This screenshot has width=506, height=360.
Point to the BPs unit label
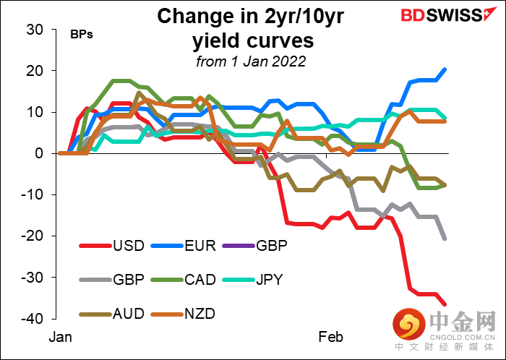coord(80,35)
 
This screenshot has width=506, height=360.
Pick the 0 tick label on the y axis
coord(40,153)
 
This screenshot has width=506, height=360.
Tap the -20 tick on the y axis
coord(33,236)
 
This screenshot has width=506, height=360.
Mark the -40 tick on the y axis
coord(33,319)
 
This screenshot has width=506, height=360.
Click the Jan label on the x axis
coord(61,337)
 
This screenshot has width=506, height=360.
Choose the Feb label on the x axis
coord(331,337)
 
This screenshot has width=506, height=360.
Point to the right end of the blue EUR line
coord(445,69)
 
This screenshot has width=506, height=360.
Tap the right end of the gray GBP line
coord(445,239)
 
